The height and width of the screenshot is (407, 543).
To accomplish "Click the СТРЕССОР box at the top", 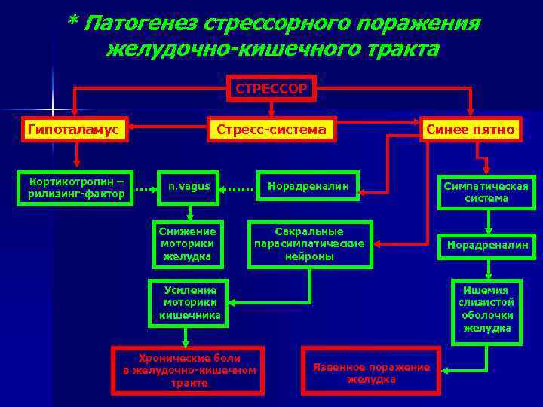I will point(271,89).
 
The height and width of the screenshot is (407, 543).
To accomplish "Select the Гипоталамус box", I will point(75,130).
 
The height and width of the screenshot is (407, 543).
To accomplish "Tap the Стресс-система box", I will point(271,130).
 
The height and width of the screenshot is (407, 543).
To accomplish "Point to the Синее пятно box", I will point(471,130).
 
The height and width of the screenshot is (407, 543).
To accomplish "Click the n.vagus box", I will point(189,187).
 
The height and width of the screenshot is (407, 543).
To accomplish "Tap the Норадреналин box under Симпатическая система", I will point(486,245).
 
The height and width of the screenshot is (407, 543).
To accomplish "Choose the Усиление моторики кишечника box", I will point(190,304).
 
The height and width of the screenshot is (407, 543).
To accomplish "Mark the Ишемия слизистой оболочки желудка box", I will point(486,309).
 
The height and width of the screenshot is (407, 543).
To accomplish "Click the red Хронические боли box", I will point(189,370).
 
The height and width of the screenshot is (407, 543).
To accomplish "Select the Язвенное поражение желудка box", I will point(370,370).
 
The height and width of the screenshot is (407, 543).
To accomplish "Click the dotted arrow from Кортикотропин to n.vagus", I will point(144,190).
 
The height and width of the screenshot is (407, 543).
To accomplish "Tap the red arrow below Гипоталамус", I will point(75,154).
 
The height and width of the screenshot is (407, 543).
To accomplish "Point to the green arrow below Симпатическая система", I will point(487,220).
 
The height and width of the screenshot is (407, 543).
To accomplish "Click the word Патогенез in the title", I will point(140,23).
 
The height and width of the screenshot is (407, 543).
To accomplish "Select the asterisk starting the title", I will point(72,22).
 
